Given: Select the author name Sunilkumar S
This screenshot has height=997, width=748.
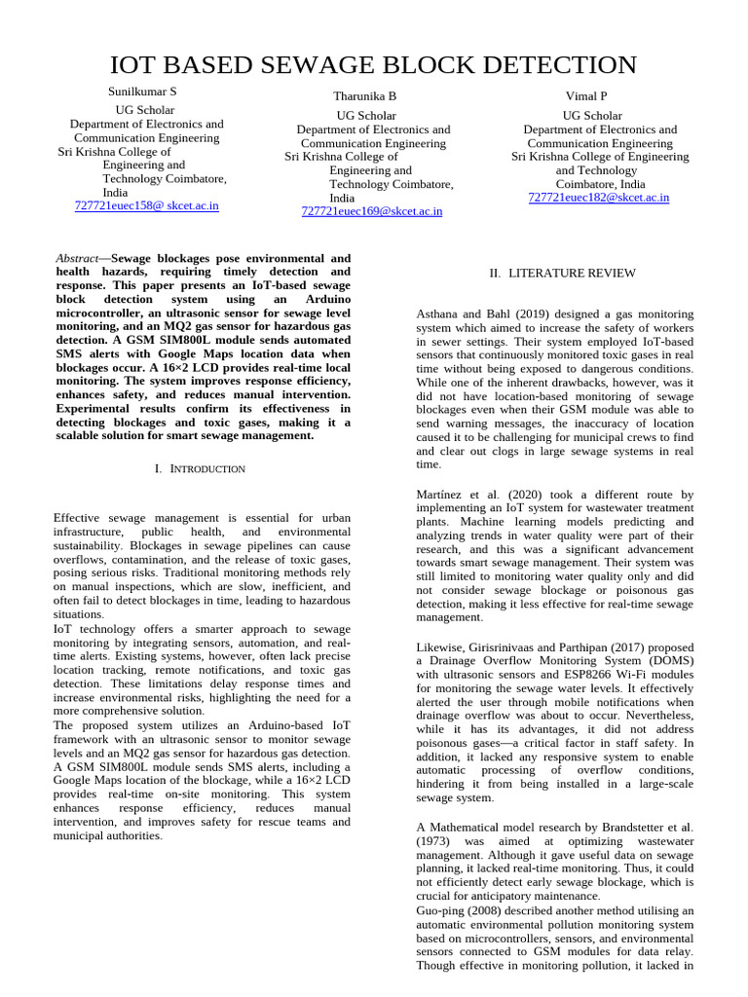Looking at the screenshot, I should (142, 92).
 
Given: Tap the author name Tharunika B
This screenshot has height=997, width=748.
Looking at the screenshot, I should (364, 96).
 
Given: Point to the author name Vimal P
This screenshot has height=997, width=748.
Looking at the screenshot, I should (585, 96).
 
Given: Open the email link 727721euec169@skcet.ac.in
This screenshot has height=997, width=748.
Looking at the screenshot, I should (372, 211).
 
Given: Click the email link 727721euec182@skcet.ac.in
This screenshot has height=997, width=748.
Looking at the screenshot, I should (598, 198).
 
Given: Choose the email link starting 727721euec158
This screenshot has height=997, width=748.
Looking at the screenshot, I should (146, 206).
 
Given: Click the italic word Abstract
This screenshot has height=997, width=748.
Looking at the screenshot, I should (77, 259).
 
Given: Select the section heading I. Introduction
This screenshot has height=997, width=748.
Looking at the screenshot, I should (201, 469).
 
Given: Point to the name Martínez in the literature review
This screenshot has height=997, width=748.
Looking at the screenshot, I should (444, 496).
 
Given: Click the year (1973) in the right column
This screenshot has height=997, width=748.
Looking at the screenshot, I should (433, 840).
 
